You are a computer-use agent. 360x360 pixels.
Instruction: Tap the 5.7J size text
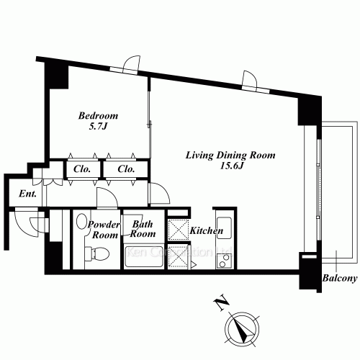pyautogui.click(x=98, y=128)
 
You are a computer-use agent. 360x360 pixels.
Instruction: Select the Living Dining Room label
pyautogui.click(x=230, y=155)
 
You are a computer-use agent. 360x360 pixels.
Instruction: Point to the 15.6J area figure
pyautogui.click(x=230, y=167)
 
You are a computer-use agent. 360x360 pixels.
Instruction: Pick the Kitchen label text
pyautogui.click(x=206, y=231)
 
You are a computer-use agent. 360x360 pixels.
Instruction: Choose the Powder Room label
pyautogui.click(x=103, y=230)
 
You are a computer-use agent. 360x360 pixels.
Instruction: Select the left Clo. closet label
pyautogui.click(x=81, y=169)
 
